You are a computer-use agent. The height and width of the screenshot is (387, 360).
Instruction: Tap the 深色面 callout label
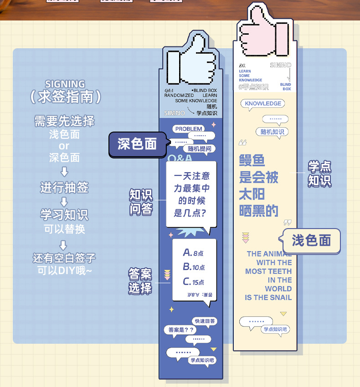click(x=137, y=144)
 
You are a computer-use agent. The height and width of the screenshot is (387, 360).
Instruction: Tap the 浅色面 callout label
click(x=311, y=240)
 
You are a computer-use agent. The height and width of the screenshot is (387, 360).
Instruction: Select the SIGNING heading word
click(x=65, y=84)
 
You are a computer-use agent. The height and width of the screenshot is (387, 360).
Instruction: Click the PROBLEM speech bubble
click(x=188, y=129)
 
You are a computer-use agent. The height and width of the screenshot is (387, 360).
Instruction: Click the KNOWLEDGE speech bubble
click(x=263, y=103)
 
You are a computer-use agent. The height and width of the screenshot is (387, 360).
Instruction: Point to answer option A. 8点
click(x=193, y=253)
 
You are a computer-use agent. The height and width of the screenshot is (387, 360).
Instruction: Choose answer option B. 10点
click(x=194, y=267)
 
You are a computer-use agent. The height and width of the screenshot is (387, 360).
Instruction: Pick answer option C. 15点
click(x=194, y=282)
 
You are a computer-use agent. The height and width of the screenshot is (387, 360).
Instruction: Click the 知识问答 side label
click(x=141, y=202)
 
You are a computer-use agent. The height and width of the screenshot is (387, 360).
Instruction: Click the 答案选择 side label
click(x=140, y=281)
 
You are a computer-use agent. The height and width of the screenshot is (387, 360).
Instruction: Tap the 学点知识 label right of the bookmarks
click(x=319, y=173)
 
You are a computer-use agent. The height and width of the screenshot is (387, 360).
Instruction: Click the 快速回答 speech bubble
click(x=205, y=321)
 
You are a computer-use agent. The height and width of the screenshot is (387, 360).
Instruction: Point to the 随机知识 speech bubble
click(x=273, y=132)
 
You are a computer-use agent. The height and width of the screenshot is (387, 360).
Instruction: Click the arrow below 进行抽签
click(x=64, y=201)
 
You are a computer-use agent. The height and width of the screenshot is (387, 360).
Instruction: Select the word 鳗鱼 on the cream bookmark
click(x=252, y=160)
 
